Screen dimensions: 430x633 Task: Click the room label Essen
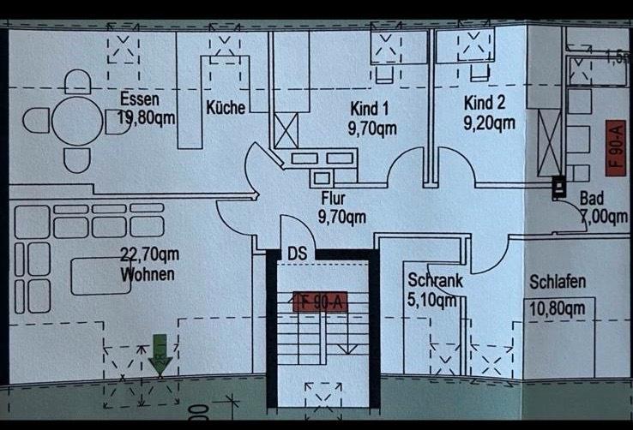pos(139,99)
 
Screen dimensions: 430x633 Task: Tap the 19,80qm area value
pos(148,117)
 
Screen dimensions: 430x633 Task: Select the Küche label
pos(226,108)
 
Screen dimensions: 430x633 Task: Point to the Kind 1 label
pos(370,109)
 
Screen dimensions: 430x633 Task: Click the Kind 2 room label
pos(485,103)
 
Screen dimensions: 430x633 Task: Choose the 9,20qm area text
pos(489,122)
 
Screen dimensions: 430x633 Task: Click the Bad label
pos(591,199)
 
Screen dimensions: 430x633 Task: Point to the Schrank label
pos(435,280)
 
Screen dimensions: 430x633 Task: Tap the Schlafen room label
pos(558,282)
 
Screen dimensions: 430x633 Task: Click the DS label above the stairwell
pos(298,254)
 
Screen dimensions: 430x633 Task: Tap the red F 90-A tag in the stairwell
pos(319,302)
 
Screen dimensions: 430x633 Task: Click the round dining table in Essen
pos(77,121)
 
